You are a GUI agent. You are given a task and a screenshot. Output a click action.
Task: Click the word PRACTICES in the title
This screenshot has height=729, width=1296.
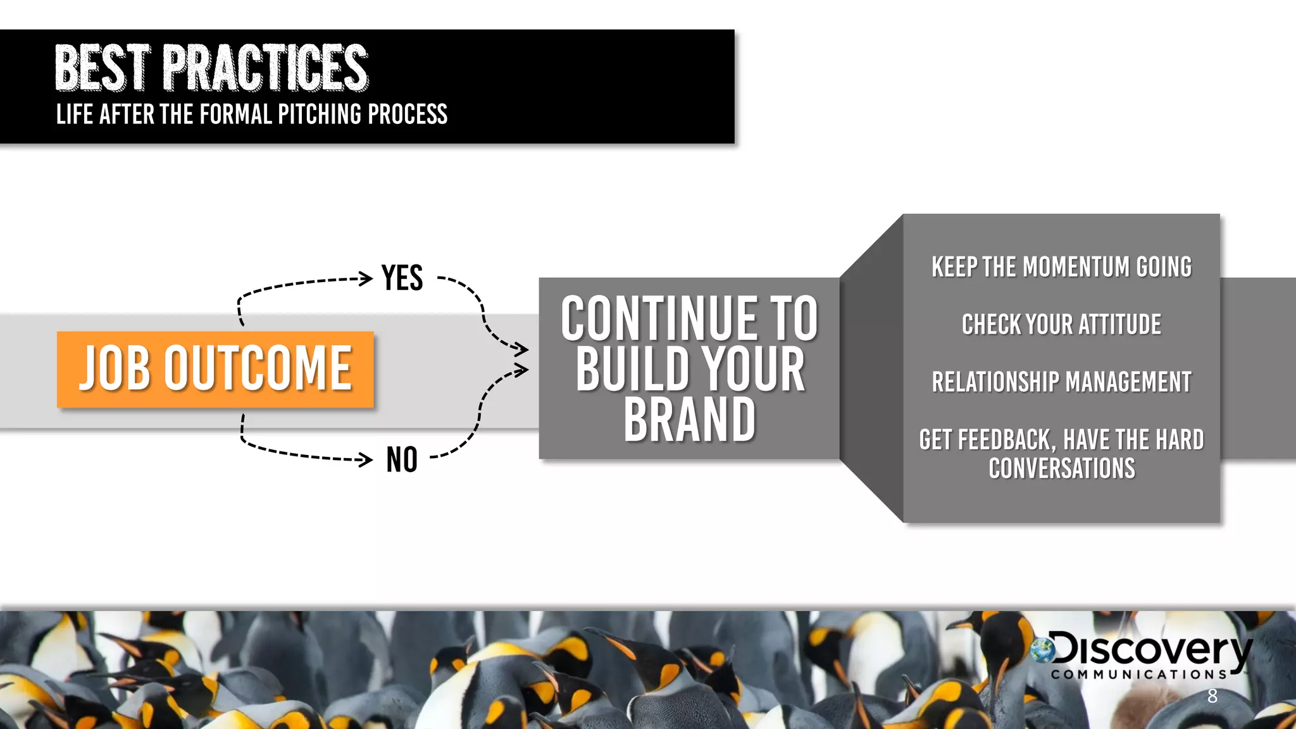(265, 68)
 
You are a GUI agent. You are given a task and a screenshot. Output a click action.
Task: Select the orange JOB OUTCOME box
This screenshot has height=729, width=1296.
(215, 369)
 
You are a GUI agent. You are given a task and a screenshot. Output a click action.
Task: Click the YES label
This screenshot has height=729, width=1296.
(402, 278)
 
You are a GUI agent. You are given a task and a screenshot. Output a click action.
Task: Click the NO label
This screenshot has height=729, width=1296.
(402, 459)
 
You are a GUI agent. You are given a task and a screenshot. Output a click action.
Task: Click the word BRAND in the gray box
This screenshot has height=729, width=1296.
(689, 420)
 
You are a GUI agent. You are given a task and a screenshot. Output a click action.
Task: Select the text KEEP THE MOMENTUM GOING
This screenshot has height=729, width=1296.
(1061, 267)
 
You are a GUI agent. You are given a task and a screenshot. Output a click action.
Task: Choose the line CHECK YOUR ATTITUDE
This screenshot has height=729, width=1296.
(1061, 325)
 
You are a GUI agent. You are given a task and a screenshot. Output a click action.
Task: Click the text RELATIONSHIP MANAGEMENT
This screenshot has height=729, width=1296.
(1061, 382)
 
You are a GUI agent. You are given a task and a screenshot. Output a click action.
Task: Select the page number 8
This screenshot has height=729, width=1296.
(1212, 696)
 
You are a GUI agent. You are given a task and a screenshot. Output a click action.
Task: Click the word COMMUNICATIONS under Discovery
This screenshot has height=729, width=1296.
(1139, 675)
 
